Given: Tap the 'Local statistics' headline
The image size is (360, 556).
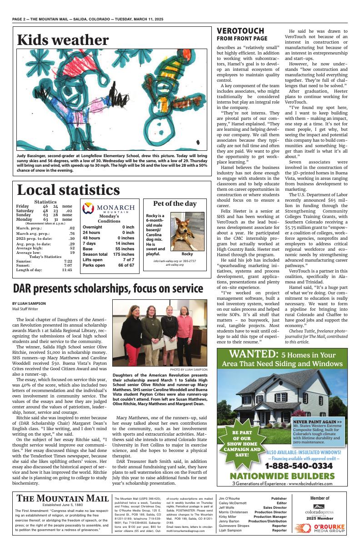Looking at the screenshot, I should pos(68,190).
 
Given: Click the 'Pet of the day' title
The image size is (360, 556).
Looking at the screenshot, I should pos(175,204).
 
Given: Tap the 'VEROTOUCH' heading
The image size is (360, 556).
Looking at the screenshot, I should pos(240,31).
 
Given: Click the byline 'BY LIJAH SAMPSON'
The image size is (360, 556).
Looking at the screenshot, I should pos(29,303).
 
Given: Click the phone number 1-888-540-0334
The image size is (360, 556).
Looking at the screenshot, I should pos(299,466).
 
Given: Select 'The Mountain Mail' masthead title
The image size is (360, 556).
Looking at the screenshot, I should pos(63,499).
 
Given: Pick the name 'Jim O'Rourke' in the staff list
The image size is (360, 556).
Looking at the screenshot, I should pos(230,498).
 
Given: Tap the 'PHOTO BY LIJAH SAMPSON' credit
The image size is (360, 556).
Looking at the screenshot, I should pos(189,370).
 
